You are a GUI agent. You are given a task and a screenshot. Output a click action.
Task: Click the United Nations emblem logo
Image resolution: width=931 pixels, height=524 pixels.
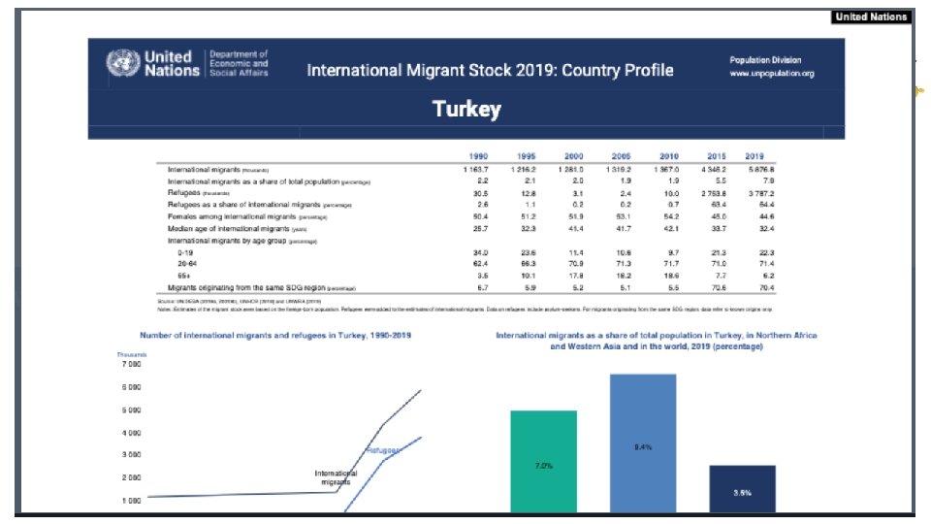[x=122, y=64]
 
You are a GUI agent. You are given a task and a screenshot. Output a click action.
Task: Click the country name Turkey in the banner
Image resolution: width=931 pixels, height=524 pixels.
[x=466, y=109]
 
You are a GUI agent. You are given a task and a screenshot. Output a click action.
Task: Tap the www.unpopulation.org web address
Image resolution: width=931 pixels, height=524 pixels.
[x=771, y=74]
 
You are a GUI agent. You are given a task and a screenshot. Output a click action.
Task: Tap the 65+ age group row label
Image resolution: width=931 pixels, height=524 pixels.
[x=180, y=276]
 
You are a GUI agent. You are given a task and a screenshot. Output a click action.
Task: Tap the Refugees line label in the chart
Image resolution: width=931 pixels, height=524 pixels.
[x=384, y=451]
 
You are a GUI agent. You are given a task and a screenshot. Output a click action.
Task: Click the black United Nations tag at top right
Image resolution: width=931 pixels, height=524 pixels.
[x=871, y=16]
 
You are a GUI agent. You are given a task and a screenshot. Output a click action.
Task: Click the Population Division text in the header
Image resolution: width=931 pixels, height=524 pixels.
[x=765, y=60]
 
